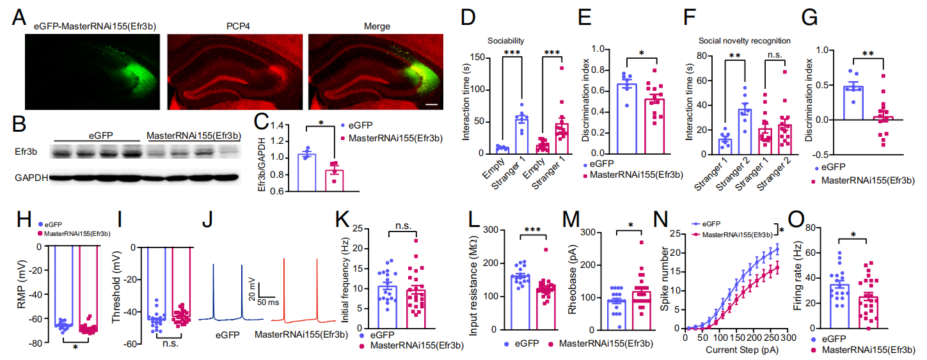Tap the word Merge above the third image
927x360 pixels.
pyautogui.click(x=372, y=26)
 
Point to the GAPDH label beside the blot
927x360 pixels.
pyautogui.click(x=31, y=178)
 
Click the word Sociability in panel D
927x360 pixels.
pyautogui.click(x=505, y=40)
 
